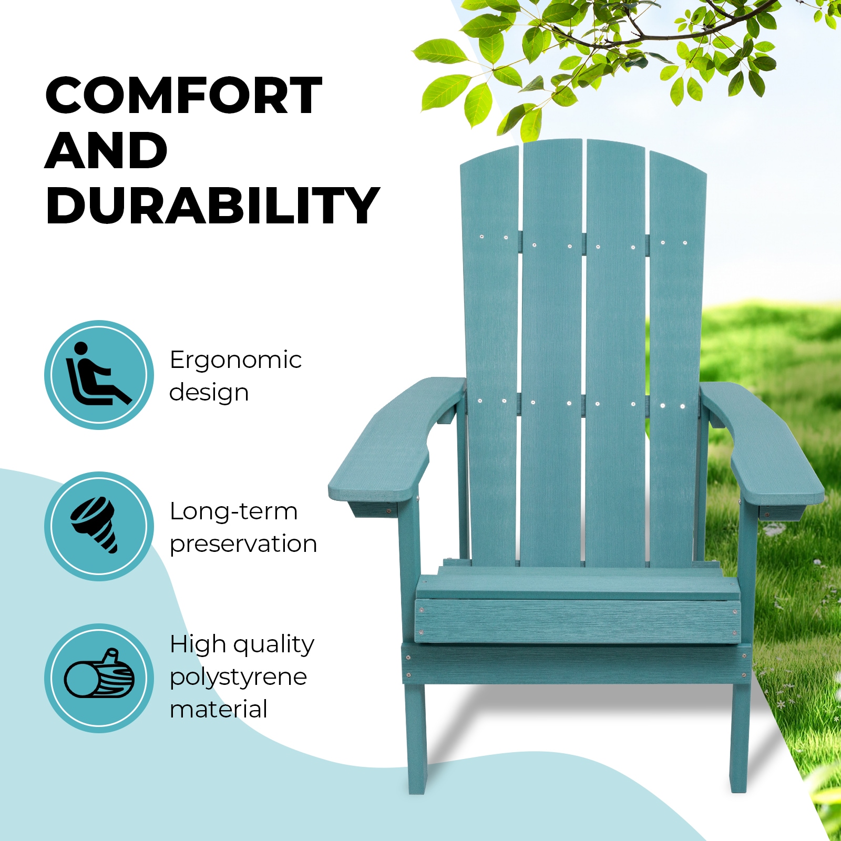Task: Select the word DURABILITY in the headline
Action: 212,206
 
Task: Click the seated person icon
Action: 99,375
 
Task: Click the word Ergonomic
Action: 235,361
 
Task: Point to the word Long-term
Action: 233,511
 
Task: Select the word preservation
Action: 243,544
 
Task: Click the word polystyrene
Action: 238,677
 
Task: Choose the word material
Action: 219,709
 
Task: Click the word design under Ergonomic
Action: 209,393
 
